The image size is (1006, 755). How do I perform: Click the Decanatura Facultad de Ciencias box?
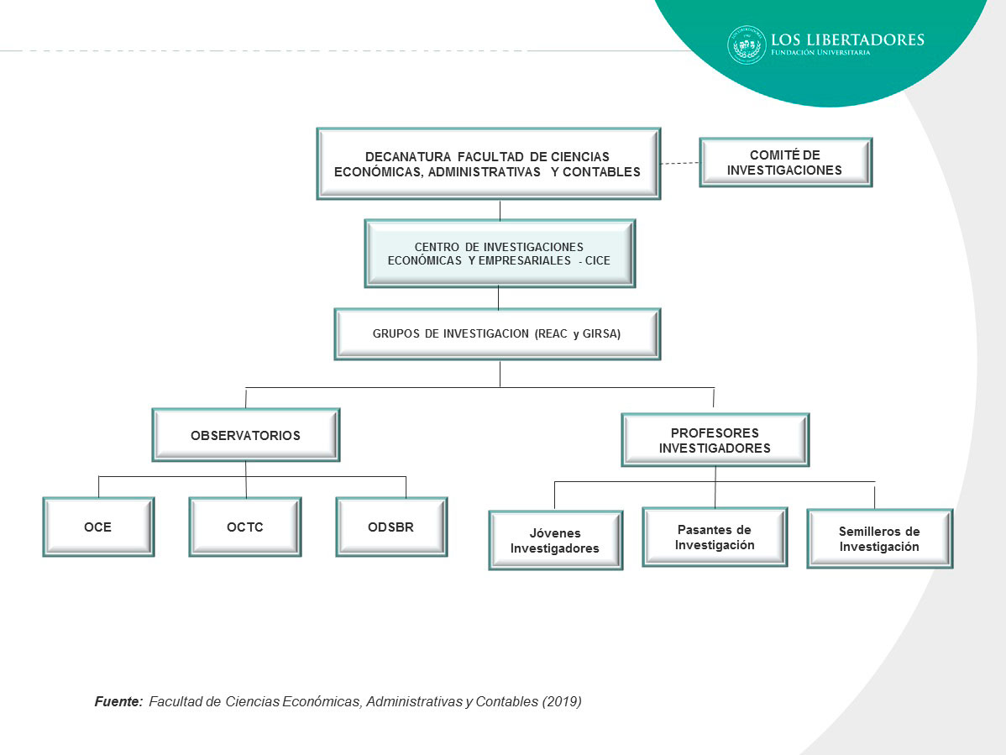(488, 164)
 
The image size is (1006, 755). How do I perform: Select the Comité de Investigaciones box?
(785, 162)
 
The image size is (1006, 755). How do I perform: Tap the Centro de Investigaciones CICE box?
(499, 254)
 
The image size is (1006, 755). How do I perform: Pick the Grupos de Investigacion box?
(497, 333)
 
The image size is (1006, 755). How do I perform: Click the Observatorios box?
(245, 435)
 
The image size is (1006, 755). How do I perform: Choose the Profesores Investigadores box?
(715, 440)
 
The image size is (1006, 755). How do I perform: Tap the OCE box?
(98, 527)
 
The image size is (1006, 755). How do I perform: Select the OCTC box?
(244, 527)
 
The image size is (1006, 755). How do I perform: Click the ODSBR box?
(391, 527)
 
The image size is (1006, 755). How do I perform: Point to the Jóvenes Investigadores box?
(555, 541)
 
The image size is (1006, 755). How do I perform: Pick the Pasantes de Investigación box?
(715, 537)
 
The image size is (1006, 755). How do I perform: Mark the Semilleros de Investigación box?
(879, 539)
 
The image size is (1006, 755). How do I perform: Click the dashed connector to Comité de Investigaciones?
(679, 163)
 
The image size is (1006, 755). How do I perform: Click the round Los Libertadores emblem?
(747, 45)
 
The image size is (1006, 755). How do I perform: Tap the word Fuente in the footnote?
(118, 701)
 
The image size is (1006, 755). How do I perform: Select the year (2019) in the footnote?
(562, 701)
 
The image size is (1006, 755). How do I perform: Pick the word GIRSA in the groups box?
(600, 333)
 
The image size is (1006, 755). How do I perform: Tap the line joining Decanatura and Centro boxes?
(500, 209)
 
